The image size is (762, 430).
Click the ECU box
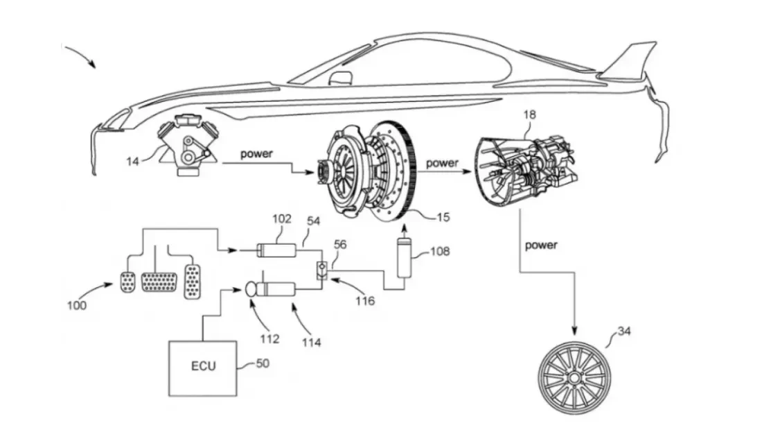[x=203, y=366]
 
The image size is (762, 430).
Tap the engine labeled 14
[x=186, y=147]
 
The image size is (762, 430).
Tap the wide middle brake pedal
[x=159, y=281]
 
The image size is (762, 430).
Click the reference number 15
[x=443, y=217]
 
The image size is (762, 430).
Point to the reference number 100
[x=78, y=305]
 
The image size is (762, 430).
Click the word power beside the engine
[x=256, y=154]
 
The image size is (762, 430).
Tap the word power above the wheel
[x=541, y=245]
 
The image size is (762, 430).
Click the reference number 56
[x=341, y=245]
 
